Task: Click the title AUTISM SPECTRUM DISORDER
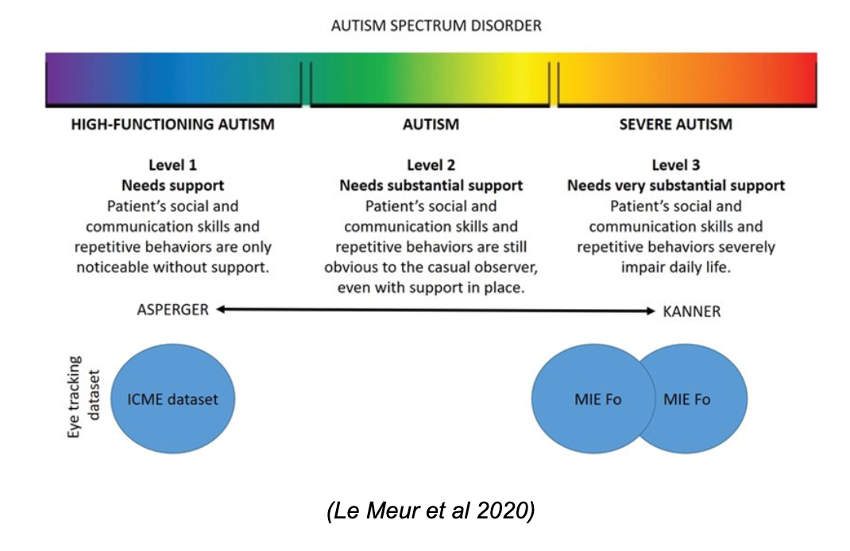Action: [x=436, y=26]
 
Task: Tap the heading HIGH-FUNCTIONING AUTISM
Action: [x=173, y=125]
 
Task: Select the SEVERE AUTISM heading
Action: [x=675, y=125]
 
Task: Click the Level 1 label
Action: [x=173, y=164]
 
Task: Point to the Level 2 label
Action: [x=431, y=164]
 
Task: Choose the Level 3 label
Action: [x=675, y=164]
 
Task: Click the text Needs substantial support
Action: [x=431, y=185]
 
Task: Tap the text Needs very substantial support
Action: [x=676, y=185]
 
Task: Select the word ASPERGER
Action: [x=173, y=310]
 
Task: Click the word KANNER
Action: [x=692, y=311]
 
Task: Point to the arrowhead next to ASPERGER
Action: [x=221, y=310]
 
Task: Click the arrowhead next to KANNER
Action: [x=651, y=311]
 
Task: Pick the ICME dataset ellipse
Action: [x=173, y=399]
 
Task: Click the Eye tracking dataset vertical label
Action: [x=83, y=397]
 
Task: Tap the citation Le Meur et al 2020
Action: [x=431, y=511]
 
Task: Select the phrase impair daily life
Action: [x=675, y=267]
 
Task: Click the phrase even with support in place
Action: [x=431, y=287]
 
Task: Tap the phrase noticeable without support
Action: [x=173, y=267]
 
